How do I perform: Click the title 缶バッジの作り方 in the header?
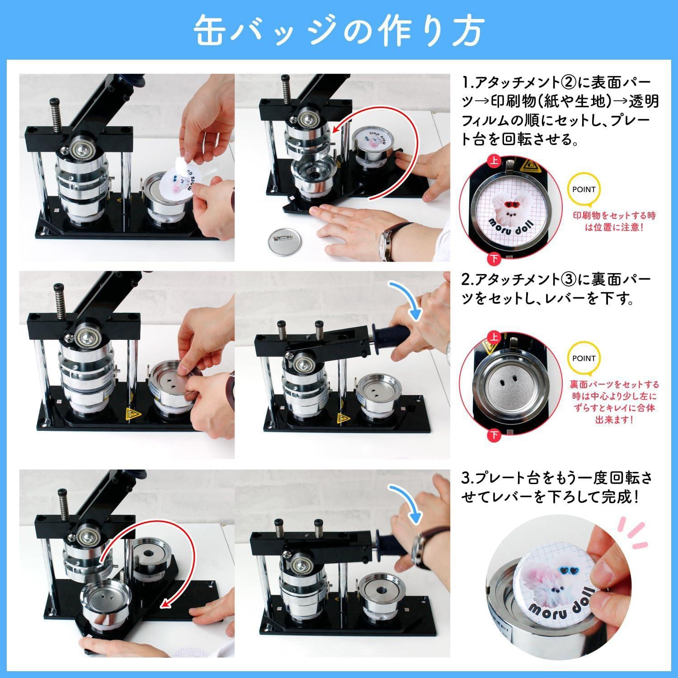339,31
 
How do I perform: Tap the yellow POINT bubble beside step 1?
584,190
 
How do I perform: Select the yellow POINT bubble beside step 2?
584,358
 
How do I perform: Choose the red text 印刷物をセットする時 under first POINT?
614,216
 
